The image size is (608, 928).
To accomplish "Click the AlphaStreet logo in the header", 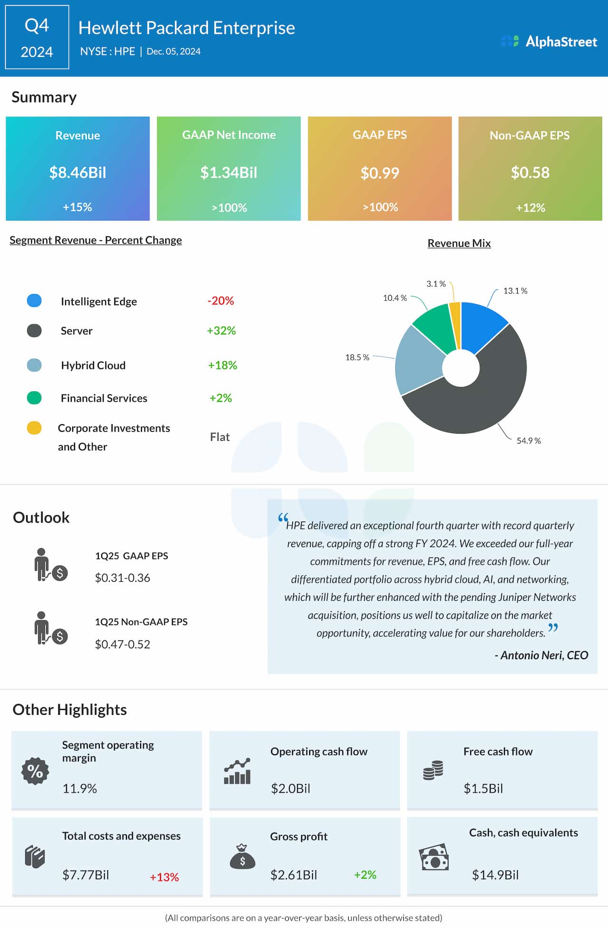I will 550,42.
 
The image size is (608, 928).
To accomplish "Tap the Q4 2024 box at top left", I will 37,38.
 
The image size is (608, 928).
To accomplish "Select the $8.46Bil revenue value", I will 77,172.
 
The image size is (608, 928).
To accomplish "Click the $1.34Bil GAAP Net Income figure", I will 228,172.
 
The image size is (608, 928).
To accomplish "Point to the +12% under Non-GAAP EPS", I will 530,208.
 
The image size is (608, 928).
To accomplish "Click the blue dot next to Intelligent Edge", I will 34,301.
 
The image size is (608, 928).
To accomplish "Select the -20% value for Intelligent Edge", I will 220,301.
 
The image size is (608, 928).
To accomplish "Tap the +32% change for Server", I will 221,331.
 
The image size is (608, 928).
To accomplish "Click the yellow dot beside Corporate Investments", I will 34,428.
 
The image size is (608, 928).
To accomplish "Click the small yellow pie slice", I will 455,323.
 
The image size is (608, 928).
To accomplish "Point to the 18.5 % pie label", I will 357,357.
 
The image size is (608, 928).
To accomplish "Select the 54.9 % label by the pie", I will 529,441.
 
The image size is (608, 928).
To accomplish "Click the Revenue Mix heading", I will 459,243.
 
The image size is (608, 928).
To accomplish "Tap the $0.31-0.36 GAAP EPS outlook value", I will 123,578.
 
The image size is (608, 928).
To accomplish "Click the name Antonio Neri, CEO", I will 541,655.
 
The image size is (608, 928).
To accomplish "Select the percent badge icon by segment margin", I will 35,771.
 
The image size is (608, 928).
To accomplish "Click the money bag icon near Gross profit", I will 242,857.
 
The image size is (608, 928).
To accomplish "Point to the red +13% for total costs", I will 164,877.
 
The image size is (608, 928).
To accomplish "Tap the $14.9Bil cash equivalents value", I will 495,875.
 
